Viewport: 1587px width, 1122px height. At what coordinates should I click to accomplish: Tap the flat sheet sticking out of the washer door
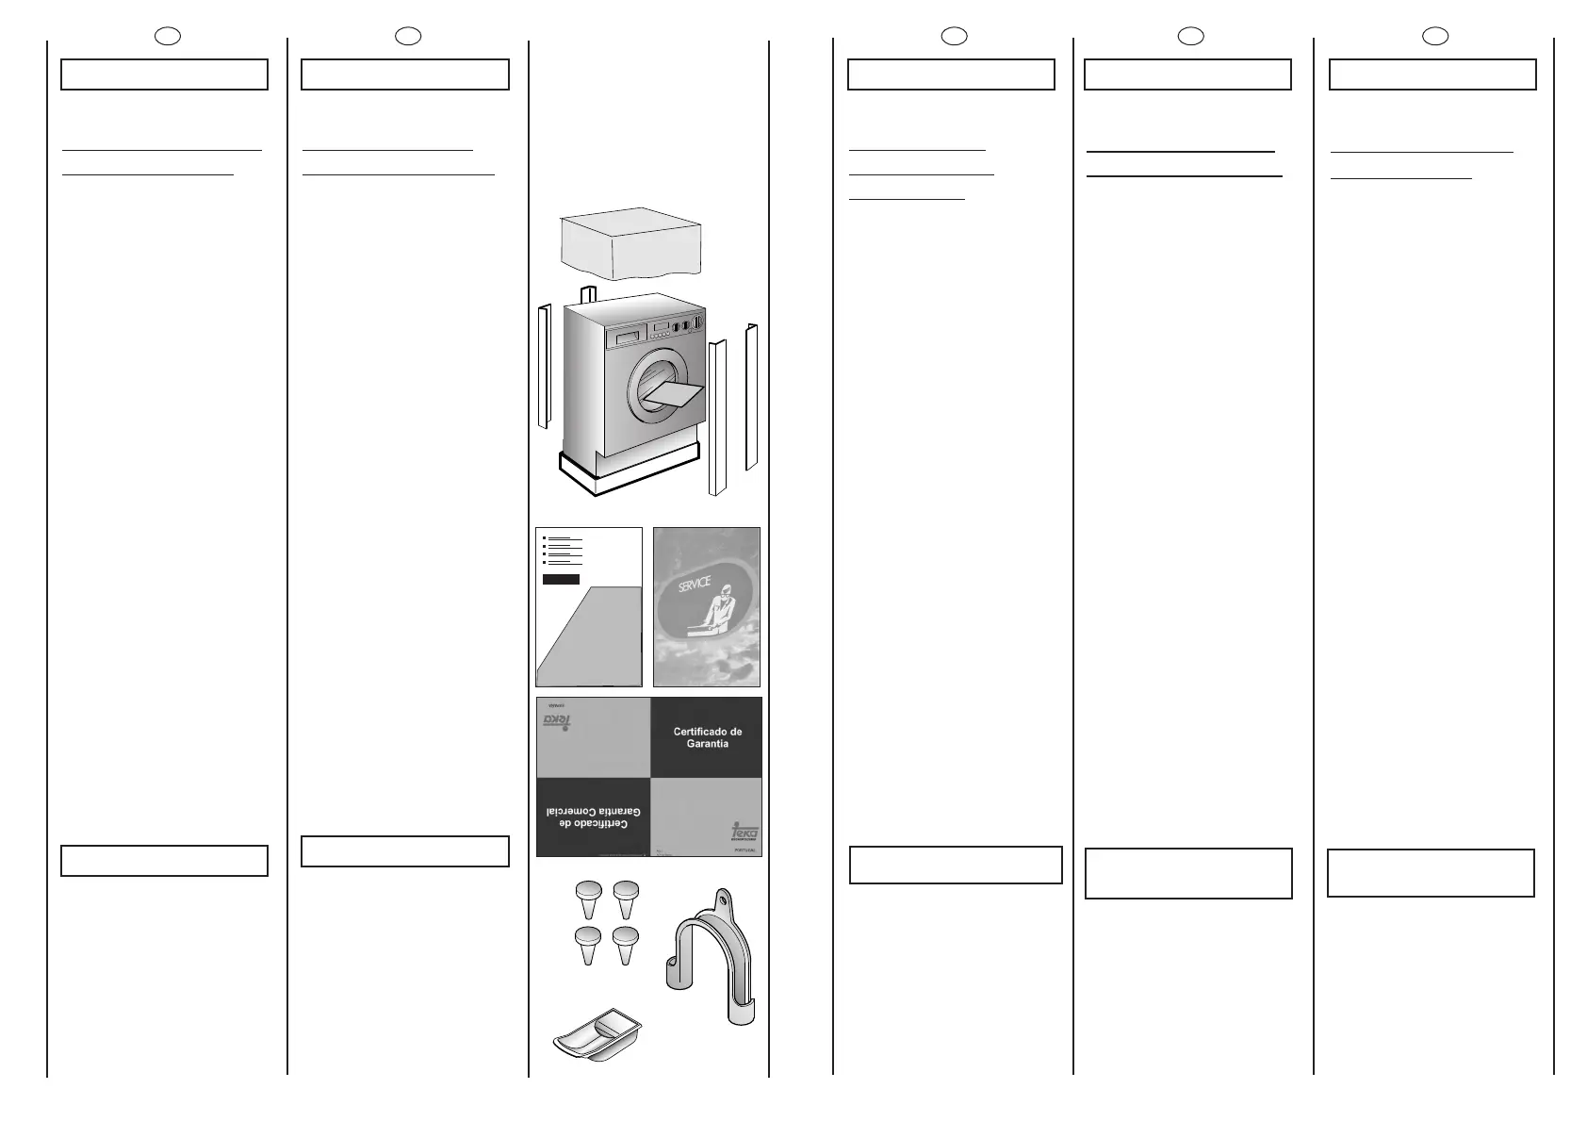pos(677,395)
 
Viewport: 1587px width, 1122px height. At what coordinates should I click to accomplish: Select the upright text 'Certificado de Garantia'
pos(707,737)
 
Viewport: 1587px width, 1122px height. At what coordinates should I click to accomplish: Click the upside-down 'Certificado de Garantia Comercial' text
pos(592,817)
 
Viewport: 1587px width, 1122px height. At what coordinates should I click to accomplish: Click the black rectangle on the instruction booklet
pos(561,579)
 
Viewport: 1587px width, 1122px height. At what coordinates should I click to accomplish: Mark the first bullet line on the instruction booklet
pos(564,538)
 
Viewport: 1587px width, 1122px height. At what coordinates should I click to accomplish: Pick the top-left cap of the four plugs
pos(589,891)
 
